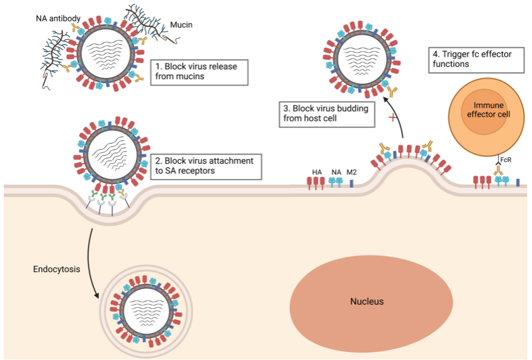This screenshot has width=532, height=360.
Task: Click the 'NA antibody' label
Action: pyautogui.click(x=57, y=18)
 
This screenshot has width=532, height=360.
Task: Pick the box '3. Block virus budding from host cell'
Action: pyautogui.click(x=325, y=112)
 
